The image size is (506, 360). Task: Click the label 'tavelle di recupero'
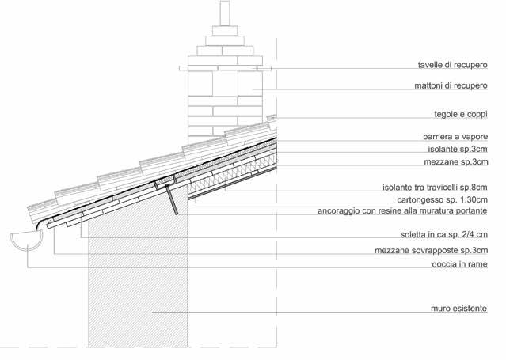pos(451,66)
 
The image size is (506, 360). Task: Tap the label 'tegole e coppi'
pos(460,114)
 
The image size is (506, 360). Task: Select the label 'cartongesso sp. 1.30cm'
pos(445,200)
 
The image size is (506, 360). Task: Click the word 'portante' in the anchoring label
pos(480,212)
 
